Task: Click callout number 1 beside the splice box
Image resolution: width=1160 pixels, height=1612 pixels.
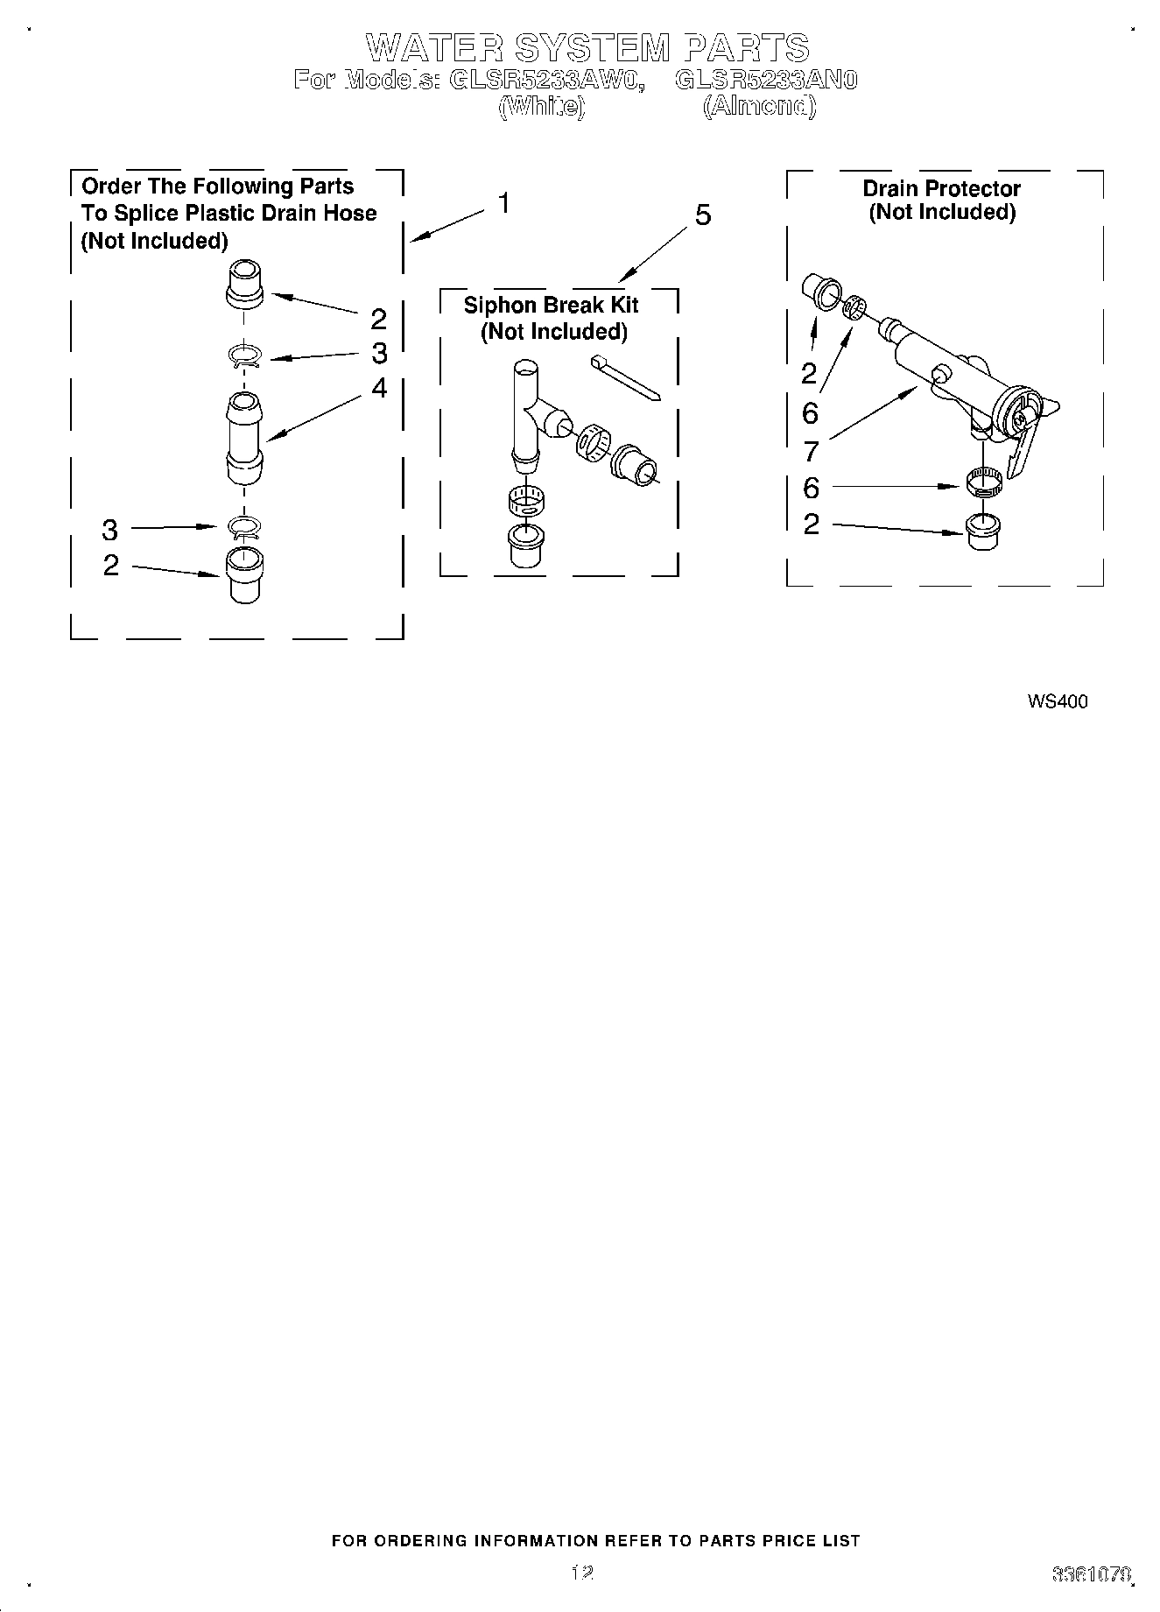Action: (x=504, y=203)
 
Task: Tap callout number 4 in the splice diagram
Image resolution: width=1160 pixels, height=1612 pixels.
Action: (x=378, y=388)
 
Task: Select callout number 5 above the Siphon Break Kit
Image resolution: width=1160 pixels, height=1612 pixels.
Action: (x=703, y=215)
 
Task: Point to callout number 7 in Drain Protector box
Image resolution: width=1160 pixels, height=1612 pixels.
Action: (x=811, y=452)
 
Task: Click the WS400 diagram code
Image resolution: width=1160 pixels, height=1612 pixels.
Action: (x=1058, y=701)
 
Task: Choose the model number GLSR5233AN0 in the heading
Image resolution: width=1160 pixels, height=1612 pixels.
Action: (x=766, y=81)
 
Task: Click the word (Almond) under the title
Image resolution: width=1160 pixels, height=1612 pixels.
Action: (x=759, y=108)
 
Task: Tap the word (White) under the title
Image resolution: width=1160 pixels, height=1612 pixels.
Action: (x=540, y=108)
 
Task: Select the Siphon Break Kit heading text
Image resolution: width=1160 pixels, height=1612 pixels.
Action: (x=551, y=305)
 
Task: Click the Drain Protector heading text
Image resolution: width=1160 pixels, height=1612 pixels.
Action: (x=941, y=189)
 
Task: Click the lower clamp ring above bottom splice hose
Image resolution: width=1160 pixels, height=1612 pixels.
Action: (x=244, y=527)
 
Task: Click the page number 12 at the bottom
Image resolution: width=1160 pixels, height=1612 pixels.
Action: (x=581, y=1573)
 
